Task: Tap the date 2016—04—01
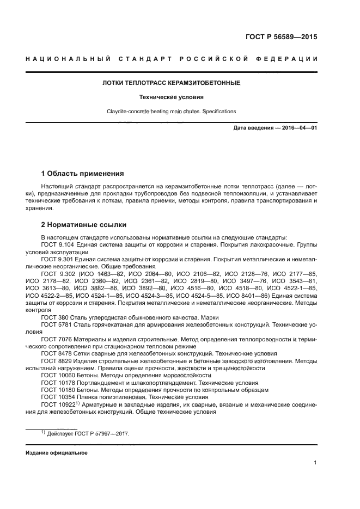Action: coord(299,128)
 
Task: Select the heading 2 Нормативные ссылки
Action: coord(83,224)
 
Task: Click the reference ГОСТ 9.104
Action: coord(56,245)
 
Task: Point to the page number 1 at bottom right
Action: coord(315,463)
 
